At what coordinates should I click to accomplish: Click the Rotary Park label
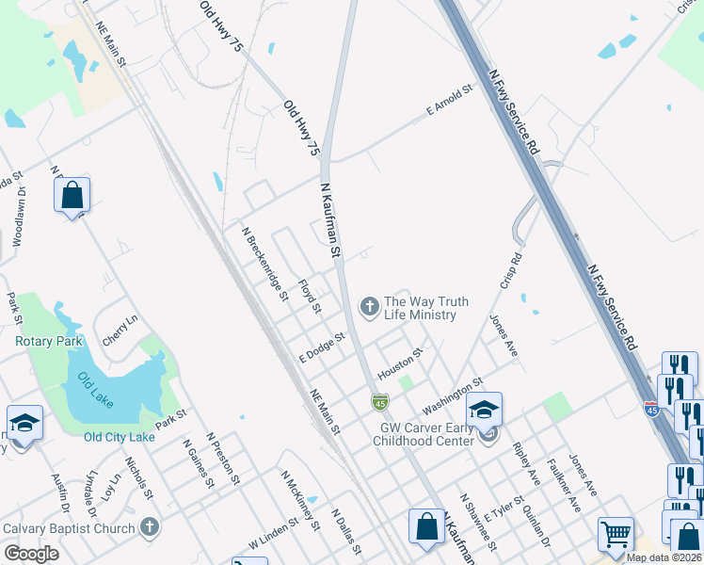(49, 342)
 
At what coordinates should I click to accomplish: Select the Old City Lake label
(119, 437)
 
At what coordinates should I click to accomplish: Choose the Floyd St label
(310, 296)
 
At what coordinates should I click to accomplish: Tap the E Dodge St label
(323, 347)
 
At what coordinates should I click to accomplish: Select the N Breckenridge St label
(264, 263)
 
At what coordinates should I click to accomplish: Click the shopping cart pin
(616, 534)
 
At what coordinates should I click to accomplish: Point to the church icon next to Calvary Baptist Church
(149, 527)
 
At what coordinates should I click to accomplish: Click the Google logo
(31, 554)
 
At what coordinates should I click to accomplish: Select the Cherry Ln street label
(120, 331)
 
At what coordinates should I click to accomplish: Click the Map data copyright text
(664, 557)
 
